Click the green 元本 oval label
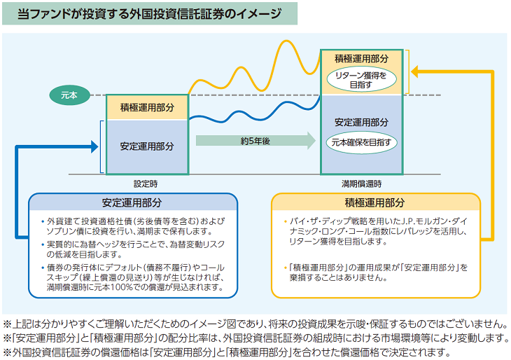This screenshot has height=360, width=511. [68, 94]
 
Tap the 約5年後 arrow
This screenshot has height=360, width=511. [255, 141]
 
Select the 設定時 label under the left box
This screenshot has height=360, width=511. [146, 184]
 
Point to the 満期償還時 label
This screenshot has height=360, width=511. [361, 184]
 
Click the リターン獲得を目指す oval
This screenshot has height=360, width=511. [361, 79]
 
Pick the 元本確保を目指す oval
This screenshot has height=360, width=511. [361, 142]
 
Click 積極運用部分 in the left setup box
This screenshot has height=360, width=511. [147, 107]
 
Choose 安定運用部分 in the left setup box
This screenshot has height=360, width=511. [147, 146]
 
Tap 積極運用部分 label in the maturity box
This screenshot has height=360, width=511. [361, 58]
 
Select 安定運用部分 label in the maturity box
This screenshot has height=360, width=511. [361, 121]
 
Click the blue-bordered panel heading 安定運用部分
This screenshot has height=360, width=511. [132, 203]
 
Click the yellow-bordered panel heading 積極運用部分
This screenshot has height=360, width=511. [374, 203]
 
